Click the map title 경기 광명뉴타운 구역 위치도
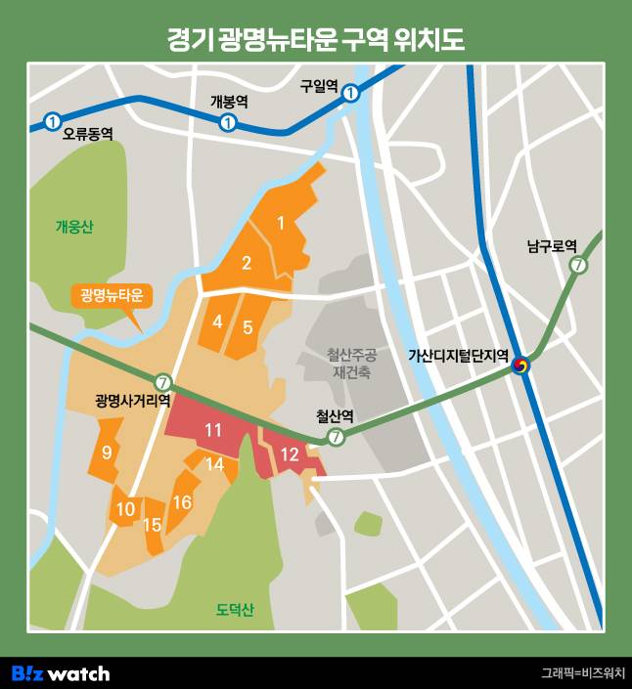tap(315, 40)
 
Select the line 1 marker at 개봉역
tap(228, 122)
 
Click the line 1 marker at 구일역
tap(350, 94)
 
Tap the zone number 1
tap(281, 224)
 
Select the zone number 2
tap(247, 262)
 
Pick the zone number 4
tap(217, 322)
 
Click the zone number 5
tap(248, 326)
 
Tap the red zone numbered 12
tap(289, 454)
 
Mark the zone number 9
tap(107, 452)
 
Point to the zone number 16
tap(182, 502)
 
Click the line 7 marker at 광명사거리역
tap(163, 382)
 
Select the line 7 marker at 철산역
tap(337, 437)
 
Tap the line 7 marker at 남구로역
tap(578, 265)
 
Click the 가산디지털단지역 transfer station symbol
tap(521, 364)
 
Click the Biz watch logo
tap(61, 673)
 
